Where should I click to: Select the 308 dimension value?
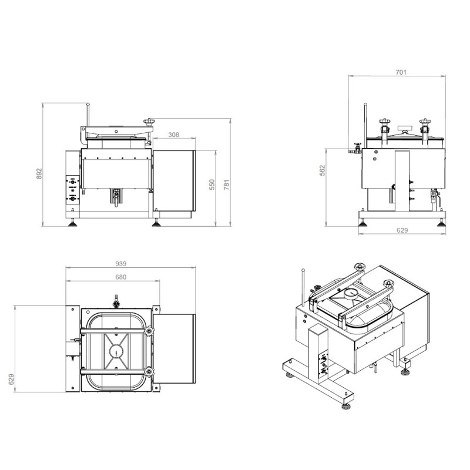[174, 135]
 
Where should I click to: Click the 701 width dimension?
[401, 72]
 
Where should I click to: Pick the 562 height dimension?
[322, 171]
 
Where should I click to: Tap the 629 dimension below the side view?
[402, 231]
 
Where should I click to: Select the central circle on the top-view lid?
[116, 351]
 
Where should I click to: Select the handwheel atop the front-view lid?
[149, 122]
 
